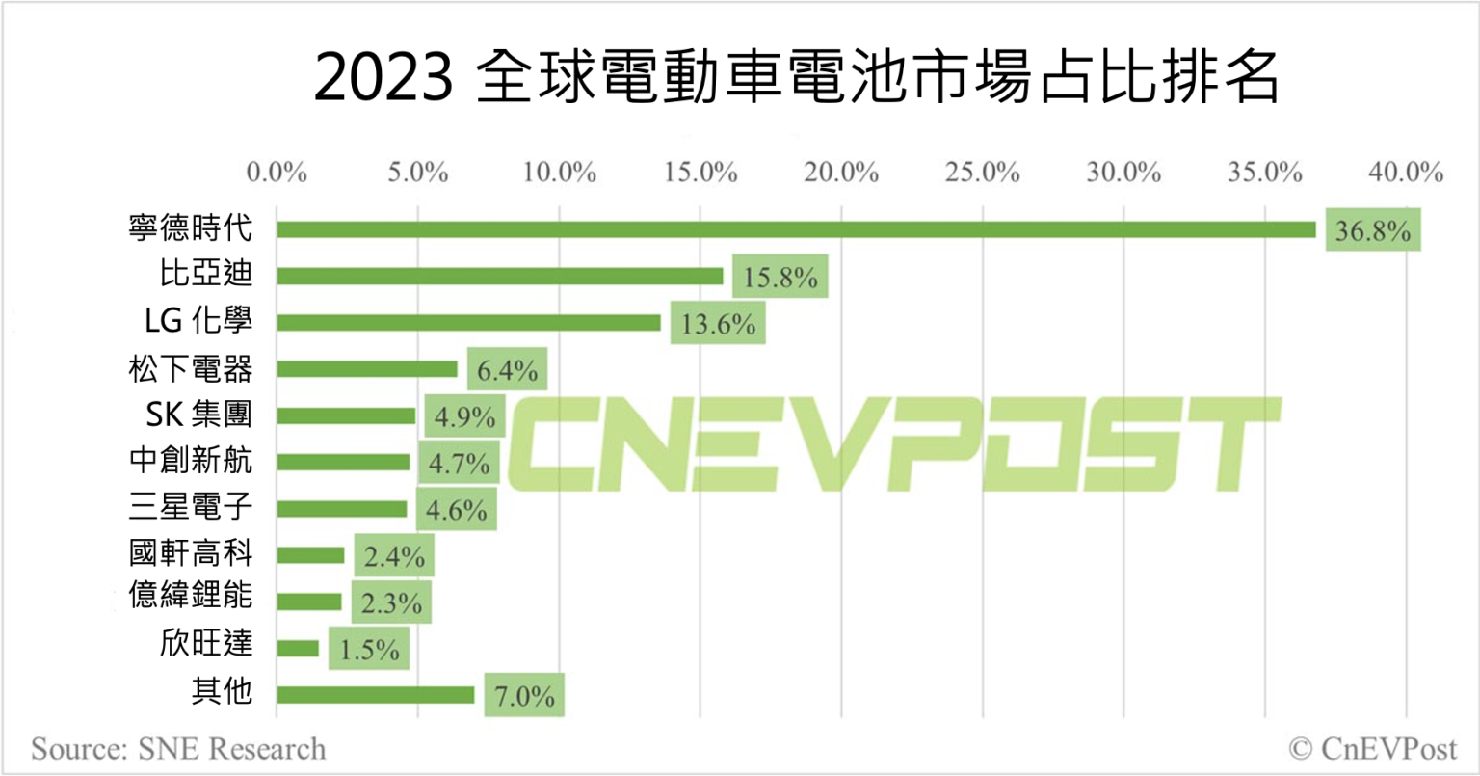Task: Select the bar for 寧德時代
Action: (796, 229)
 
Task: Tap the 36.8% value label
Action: (1373, 230)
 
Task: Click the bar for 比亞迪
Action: (499, 276)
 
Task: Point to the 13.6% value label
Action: (718, 323)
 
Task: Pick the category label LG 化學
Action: (198, 321)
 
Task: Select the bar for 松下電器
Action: (367, 369)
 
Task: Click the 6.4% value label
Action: (507, 369)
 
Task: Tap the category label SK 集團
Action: (198, 415)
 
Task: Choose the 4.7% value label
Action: (460, 464)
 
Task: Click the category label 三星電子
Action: (191, 507)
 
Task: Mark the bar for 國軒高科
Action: (310, 555)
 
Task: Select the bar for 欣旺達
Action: (298, 649)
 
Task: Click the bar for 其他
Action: (375, 695)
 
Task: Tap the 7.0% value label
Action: (523, 695)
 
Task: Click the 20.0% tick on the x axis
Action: (841, 173)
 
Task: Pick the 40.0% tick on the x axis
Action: (1406, 173)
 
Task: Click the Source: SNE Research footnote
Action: (178, 748)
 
